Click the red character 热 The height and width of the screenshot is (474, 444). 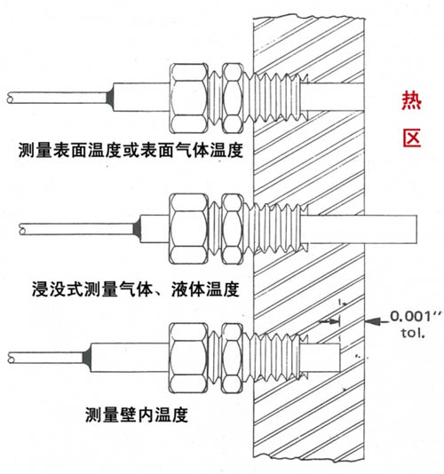pyautogui.click(x=412, y=100)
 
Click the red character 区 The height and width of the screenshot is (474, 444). pyautogui.click(x=412, y=138)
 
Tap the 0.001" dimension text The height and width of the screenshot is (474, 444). pyautogui.click(x=416, y=316)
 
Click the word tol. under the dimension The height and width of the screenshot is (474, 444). pyautogui.click(x=413, y=333)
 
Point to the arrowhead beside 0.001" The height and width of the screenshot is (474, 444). pyautogui.click(x=372, y=321)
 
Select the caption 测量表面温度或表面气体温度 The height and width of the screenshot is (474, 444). pyautogui.click(x=131, y=150)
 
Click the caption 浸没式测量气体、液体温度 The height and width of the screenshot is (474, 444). pyautogui.click(x=136, y=289)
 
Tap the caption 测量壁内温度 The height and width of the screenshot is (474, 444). pyautogui.click(x=137, y=415)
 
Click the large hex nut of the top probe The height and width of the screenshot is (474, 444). pyautogui.click(x=189, y=99)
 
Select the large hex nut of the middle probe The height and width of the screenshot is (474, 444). pyautogui.click(x=189, y=229)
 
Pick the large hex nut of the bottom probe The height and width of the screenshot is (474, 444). pyautogui.click(x=189, y=358)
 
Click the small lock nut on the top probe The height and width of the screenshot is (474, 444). pyautogui.click(x=233, y=99)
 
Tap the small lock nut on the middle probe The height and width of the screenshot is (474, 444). pyautogui.click(x=233, y=229)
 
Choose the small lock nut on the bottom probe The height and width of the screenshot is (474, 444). pyautogui.click(x=233, y=358)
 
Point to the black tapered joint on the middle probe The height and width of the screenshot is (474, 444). pyautogui.click(x=137, y=229)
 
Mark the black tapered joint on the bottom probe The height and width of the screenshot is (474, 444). pyautogui.click(x=87, y=358)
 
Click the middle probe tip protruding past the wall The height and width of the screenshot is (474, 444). pyautogui.click(x=391, y=229)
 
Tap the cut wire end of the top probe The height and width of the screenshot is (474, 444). pyautogui.click(x=11, y=98)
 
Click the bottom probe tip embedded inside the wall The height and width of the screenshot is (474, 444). pyautogui.click(x=321, y=358)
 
